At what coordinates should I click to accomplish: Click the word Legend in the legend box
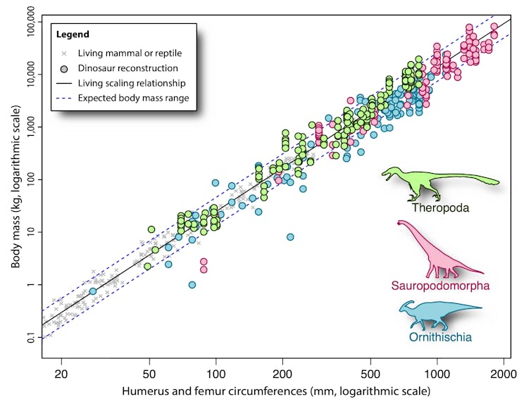click(73, 34)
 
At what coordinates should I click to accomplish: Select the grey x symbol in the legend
click(64, 53)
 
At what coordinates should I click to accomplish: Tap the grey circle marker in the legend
click(64, 68)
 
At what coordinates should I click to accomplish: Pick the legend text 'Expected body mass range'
click(134, 98)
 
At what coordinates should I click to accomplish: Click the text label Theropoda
click(442, 208)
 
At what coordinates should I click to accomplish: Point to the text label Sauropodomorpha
click(440, 285)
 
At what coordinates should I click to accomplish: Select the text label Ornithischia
click(440, 337)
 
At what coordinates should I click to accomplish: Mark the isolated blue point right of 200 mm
click(290, 237)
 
